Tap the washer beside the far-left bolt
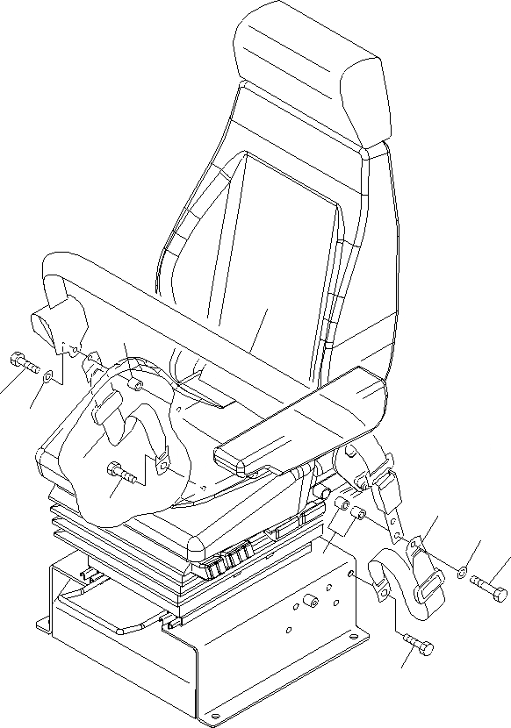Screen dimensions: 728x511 pos(49,376)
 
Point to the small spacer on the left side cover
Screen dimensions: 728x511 pos(134,385)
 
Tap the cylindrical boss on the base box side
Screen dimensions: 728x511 pos(309,603)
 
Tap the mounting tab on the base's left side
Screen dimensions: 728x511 pos(43,623)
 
